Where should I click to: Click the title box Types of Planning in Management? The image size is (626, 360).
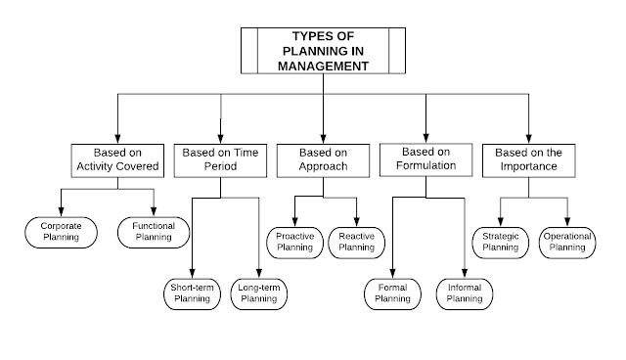[322, 49]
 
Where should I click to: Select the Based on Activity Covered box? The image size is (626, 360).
[116, 159]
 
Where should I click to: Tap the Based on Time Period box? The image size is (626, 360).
[221, 159]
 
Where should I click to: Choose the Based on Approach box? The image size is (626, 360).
[322, 159]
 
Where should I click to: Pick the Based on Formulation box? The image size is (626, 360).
[426, 158]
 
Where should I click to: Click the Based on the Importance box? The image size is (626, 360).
[528, 159]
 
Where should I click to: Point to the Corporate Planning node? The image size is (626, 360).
[61, 231]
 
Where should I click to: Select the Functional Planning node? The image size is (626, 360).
[154, 231]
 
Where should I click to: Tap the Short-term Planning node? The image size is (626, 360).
[192, 292]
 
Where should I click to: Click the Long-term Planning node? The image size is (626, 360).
[259, 292]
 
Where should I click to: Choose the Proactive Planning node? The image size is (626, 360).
[294, 242]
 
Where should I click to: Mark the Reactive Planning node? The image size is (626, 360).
[357, 242]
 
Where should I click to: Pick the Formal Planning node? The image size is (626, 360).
[392, 293]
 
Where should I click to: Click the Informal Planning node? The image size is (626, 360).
[464, 293]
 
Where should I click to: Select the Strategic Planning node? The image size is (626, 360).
[501, 242]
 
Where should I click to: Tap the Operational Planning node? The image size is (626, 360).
[565, 242]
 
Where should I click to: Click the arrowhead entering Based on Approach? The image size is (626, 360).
[322, 138]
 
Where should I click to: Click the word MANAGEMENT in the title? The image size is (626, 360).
[322, 67]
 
